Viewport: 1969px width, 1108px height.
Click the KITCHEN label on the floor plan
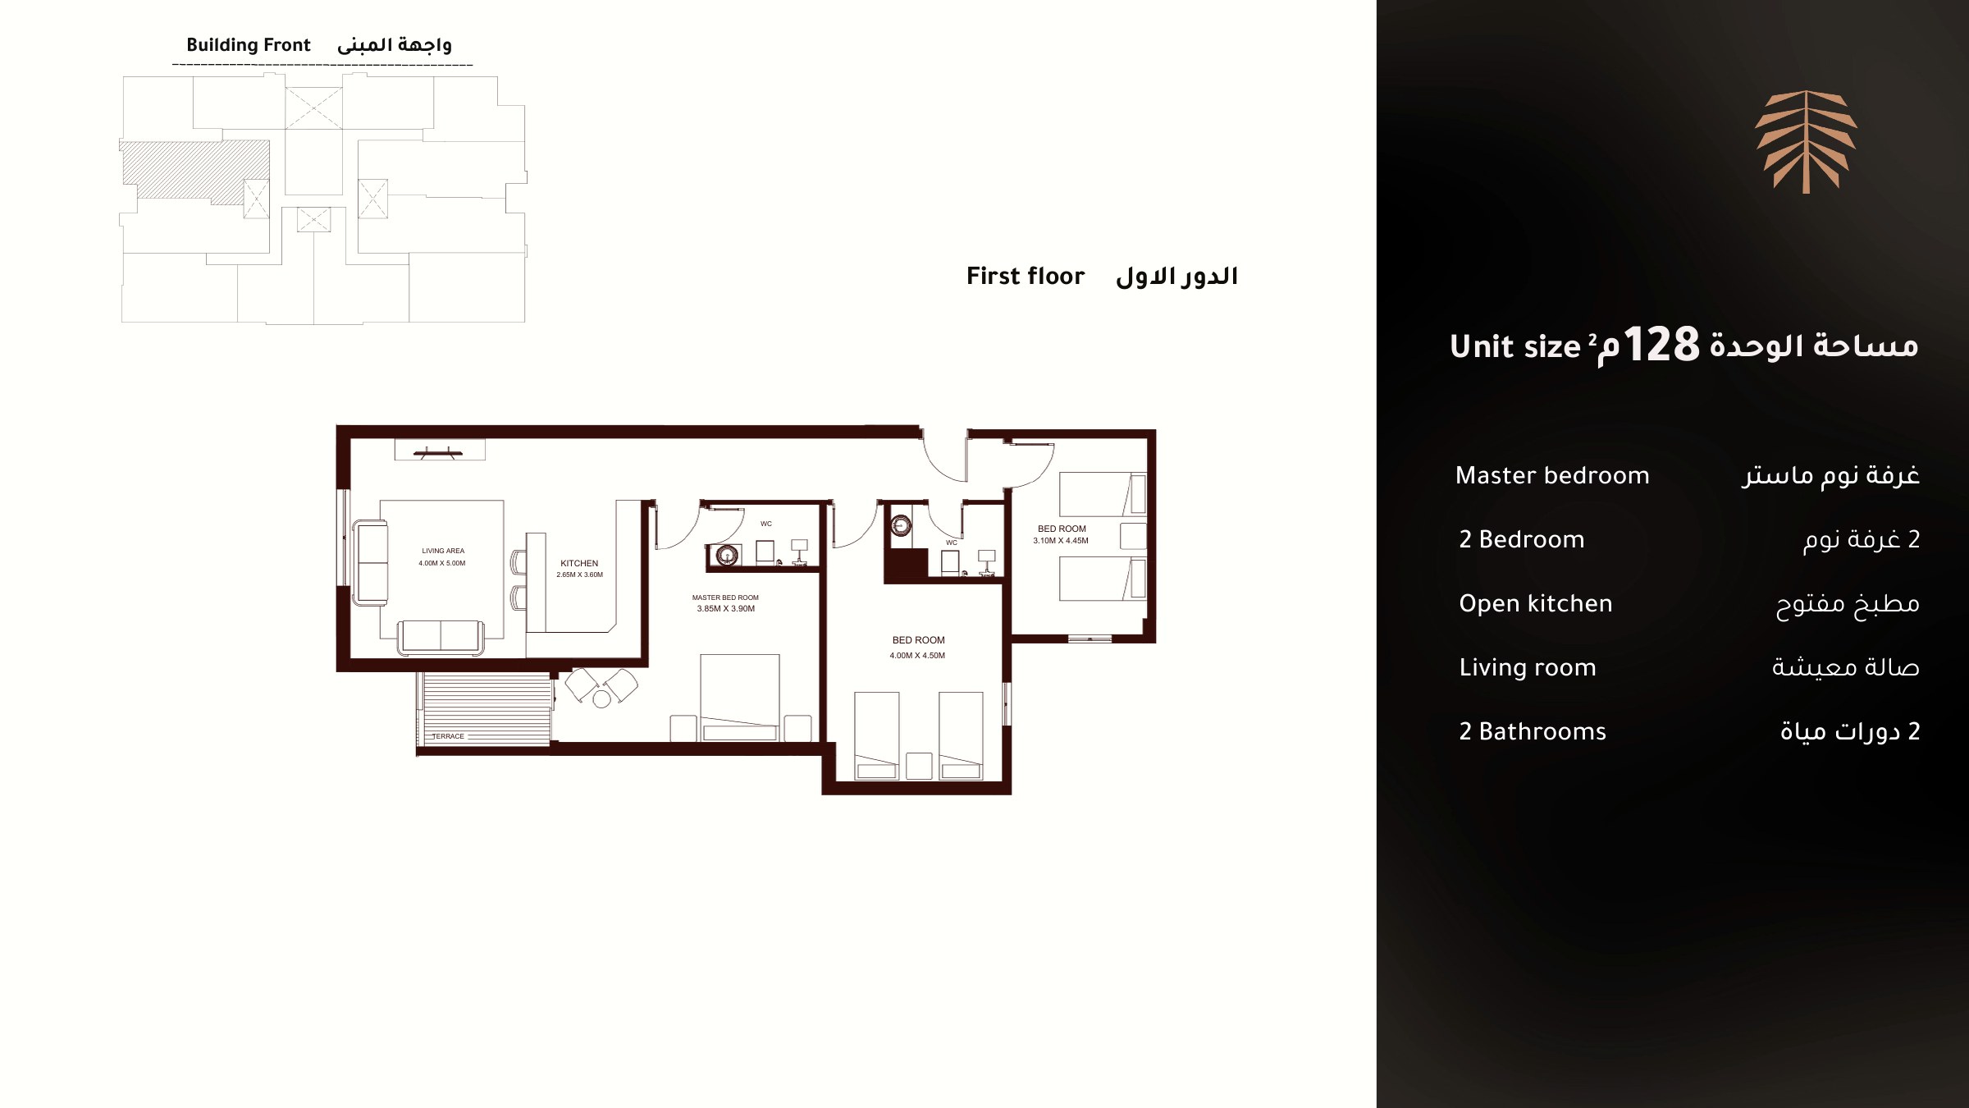tap(579, 563)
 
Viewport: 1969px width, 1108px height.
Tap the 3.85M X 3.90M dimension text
tap(726, 609)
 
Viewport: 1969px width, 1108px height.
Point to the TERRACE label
tap(448, 736)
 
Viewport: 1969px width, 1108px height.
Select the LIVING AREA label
tap(443, 551)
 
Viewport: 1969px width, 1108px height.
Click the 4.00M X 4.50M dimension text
tap(917, 656)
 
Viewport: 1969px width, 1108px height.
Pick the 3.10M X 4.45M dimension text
tap(1061, 541)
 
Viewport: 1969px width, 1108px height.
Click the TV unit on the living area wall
tap(440, 450)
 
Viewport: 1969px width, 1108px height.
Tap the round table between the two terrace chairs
tap(602, 698)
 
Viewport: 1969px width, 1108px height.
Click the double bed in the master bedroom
tap(739, 698)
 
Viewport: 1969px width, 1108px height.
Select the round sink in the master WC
tap(727, 555)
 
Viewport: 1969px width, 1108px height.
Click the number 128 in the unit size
tap(1661, 345)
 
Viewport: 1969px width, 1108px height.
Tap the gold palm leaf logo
tap(1806, 142)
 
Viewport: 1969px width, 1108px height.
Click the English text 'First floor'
tap(1026, 276)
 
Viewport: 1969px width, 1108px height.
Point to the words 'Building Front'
tap(249, 45)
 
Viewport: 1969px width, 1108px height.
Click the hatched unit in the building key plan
tap(195, 170)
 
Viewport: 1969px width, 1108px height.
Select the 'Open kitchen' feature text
tap(1536, 604)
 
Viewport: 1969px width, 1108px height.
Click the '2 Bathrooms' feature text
tap(1533, 731)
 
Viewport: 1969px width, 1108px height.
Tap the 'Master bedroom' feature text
tap(1552, 475)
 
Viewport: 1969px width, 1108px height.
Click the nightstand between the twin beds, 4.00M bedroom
tap(919, 766)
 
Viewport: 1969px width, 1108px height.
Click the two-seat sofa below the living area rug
tap(441, 638)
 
